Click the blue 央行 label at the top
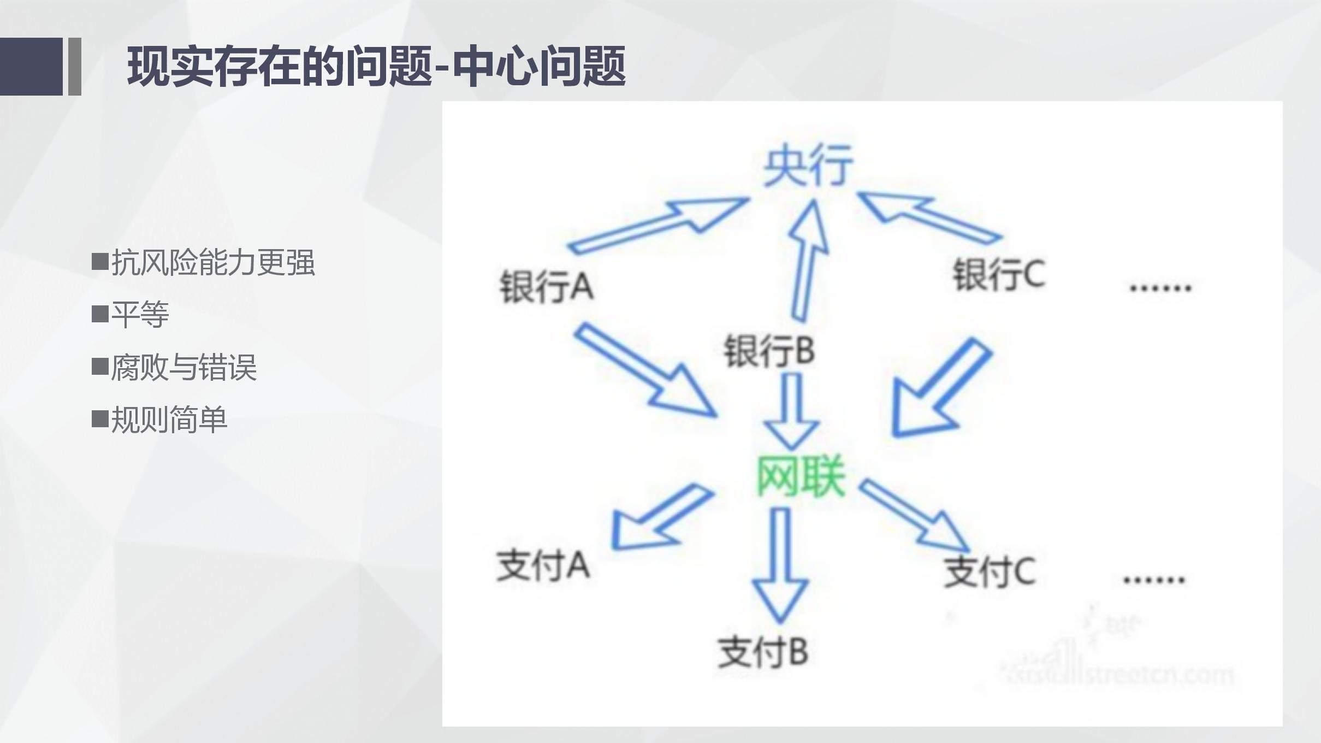coord(808,166)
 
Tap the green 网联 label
coord(801,477)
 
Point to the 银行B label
coord(769,350)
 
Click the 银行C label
coord(999,274)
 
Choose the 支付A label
coord(543,565)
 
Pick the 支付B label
coord(763,652)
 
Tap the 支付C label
coord(990,572)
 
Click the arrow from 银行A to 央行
coord(661,225)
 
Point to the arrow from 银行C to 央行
coord(928,218)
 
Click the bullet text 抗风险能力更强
coord(213,263)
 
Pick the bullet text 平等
coord(140,315)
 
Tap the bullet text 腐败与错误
coord(183,367)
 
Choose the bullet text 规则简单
coord(169,420)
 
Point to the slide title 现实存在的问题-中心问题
coord(376,67)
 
